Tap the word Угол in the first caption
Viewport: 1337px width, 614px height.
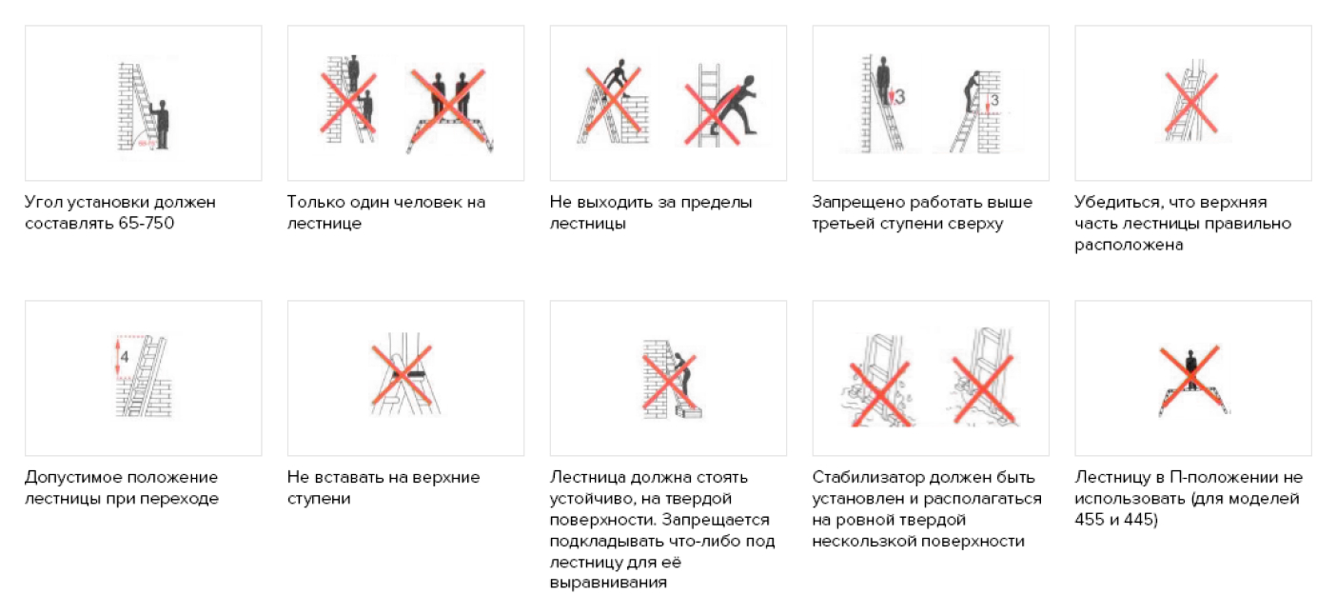click(x=43, y=203)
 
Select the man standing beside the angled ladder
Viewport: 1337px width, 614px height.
click(x=160, y=125)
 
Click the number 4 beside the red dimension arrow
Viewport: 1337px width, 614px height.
click(x=124, y=357)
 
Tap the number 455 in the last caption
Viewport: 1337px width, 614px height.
click(x=1091, y=520)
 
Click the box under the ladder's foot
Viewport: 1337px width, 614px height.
click(x=689, y=412)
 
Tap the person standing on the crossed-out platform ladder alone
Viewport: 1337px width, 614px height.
click(x=1191, y=370)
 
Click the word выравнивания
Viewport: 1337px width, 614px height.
click(x=608, y=583)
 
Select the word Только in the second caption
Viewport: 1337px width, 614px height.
click(x=316, y=203)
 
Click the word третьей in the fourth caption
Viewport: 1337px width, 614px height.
click(x=845, y=224)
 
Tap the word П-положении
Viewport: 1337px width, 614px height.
click(x=1225, y=477)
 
